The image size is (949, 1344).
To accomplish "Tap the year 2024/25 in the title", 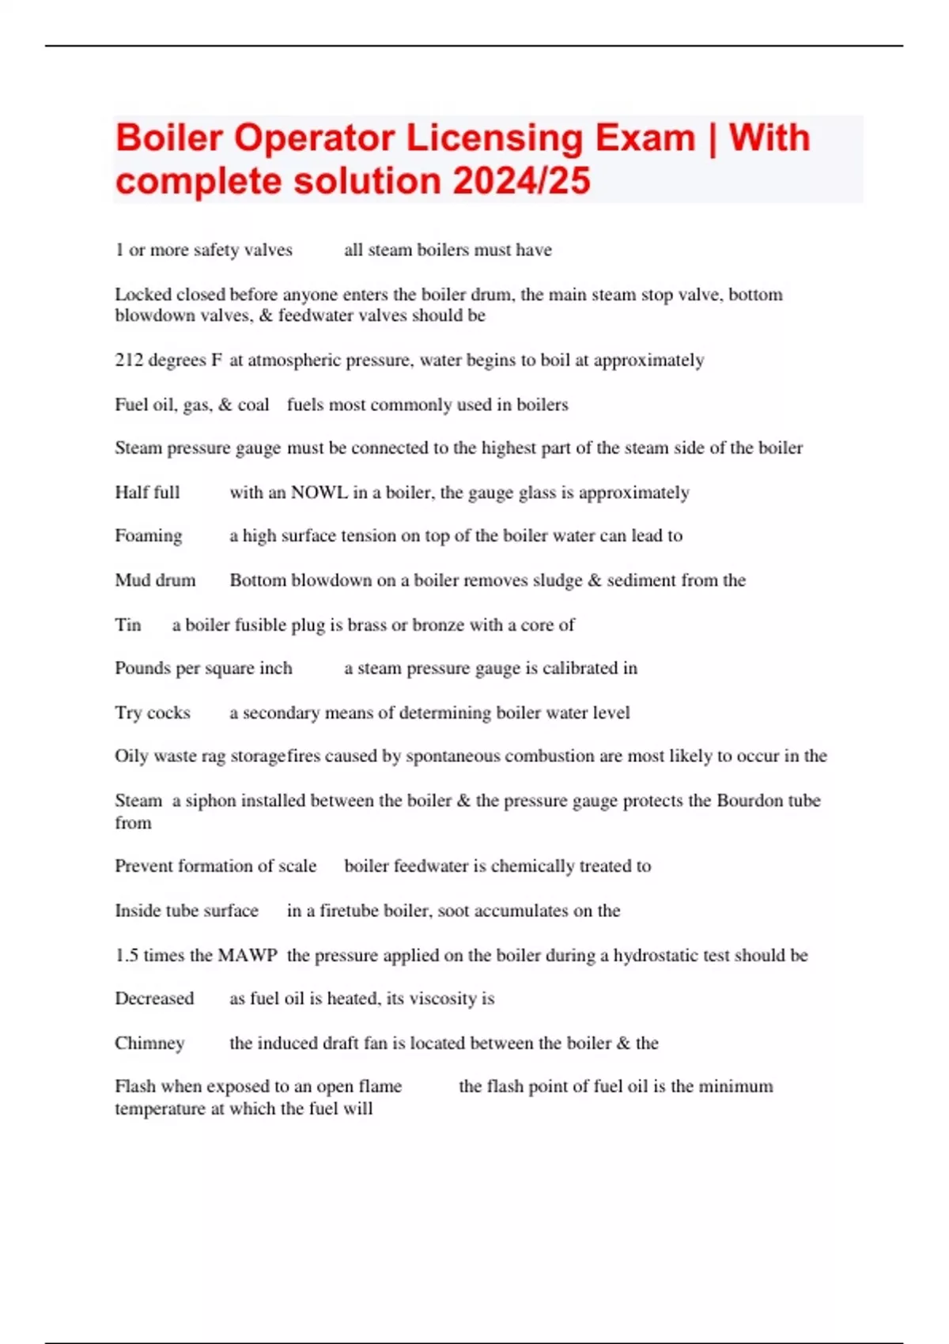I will pyautogui.click(x=522, y=180).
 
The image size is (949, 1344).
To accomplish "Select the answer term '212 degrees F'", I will pyautogui.click(x=168, y=361).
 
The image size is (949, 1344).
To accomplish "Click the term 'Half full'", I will pyautogui.click(x=147, y=493).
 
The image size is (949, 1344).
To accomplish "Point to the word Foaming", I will pyautogui.click(x=148, y=536).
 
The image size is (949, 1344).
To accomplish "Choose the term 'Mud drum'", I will pyautogui.click(x=155, y=580).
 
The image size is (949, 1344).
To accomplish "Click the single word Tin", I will pyautogui.click(x=127, y=625).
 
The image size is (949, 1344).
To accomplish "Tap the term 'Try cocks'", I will pyautogui.click(x=153, y=713).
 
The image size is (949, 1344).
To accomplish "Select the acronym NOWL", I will pyautogui.click(x=319, y=493).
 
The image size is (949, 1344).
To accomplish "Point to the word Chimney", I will pyautogui.click(x=149, y=1044).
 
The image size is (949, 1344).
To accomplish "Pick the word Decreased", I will pyautogui.click(x=154, y=999).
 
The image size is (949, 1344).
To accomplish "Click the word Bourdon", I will pyautogui.click(x=749, y=800).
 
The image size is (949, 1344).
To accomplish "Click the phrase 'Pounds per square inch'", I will pyautogui.click(x=203, y=668).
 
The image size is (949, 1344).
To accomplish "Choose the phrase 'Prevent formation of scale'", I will pyautogui.click(x=215, y=866).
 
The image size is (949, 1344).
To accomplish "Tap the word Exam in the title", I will pyautogui.click(x=645, y=138).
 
